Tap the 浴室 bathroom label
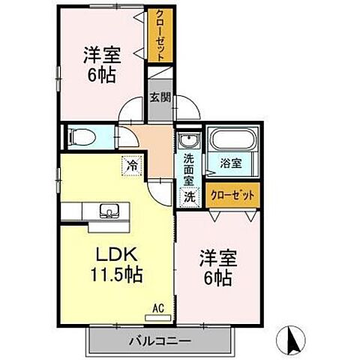230,163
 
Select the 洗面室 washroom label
189,169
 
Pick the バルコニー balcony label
163,340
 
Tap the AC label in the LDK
158,306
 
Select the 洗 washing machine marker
190,197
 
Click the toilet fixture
81,138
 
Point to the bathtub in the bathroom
232,140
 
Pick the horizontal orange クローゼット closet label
232,194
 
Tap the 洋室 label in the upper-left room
100,55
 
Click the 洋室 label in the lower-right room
217,259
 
